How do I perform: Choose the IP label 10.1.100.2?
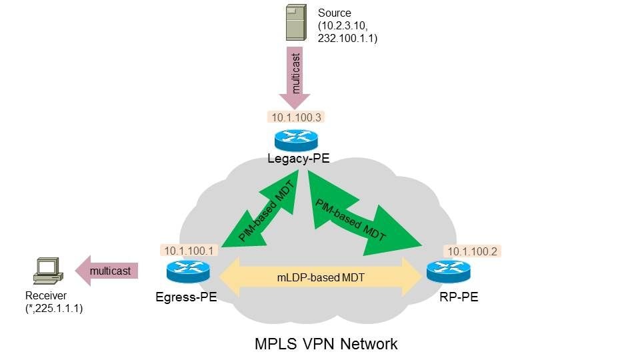click(474, 251)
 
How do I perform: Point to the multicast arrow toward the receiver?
click(107, 270)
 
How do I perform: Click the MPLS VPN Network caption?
click(326, 344)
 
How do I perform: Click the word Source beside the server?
click(334, 13)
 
